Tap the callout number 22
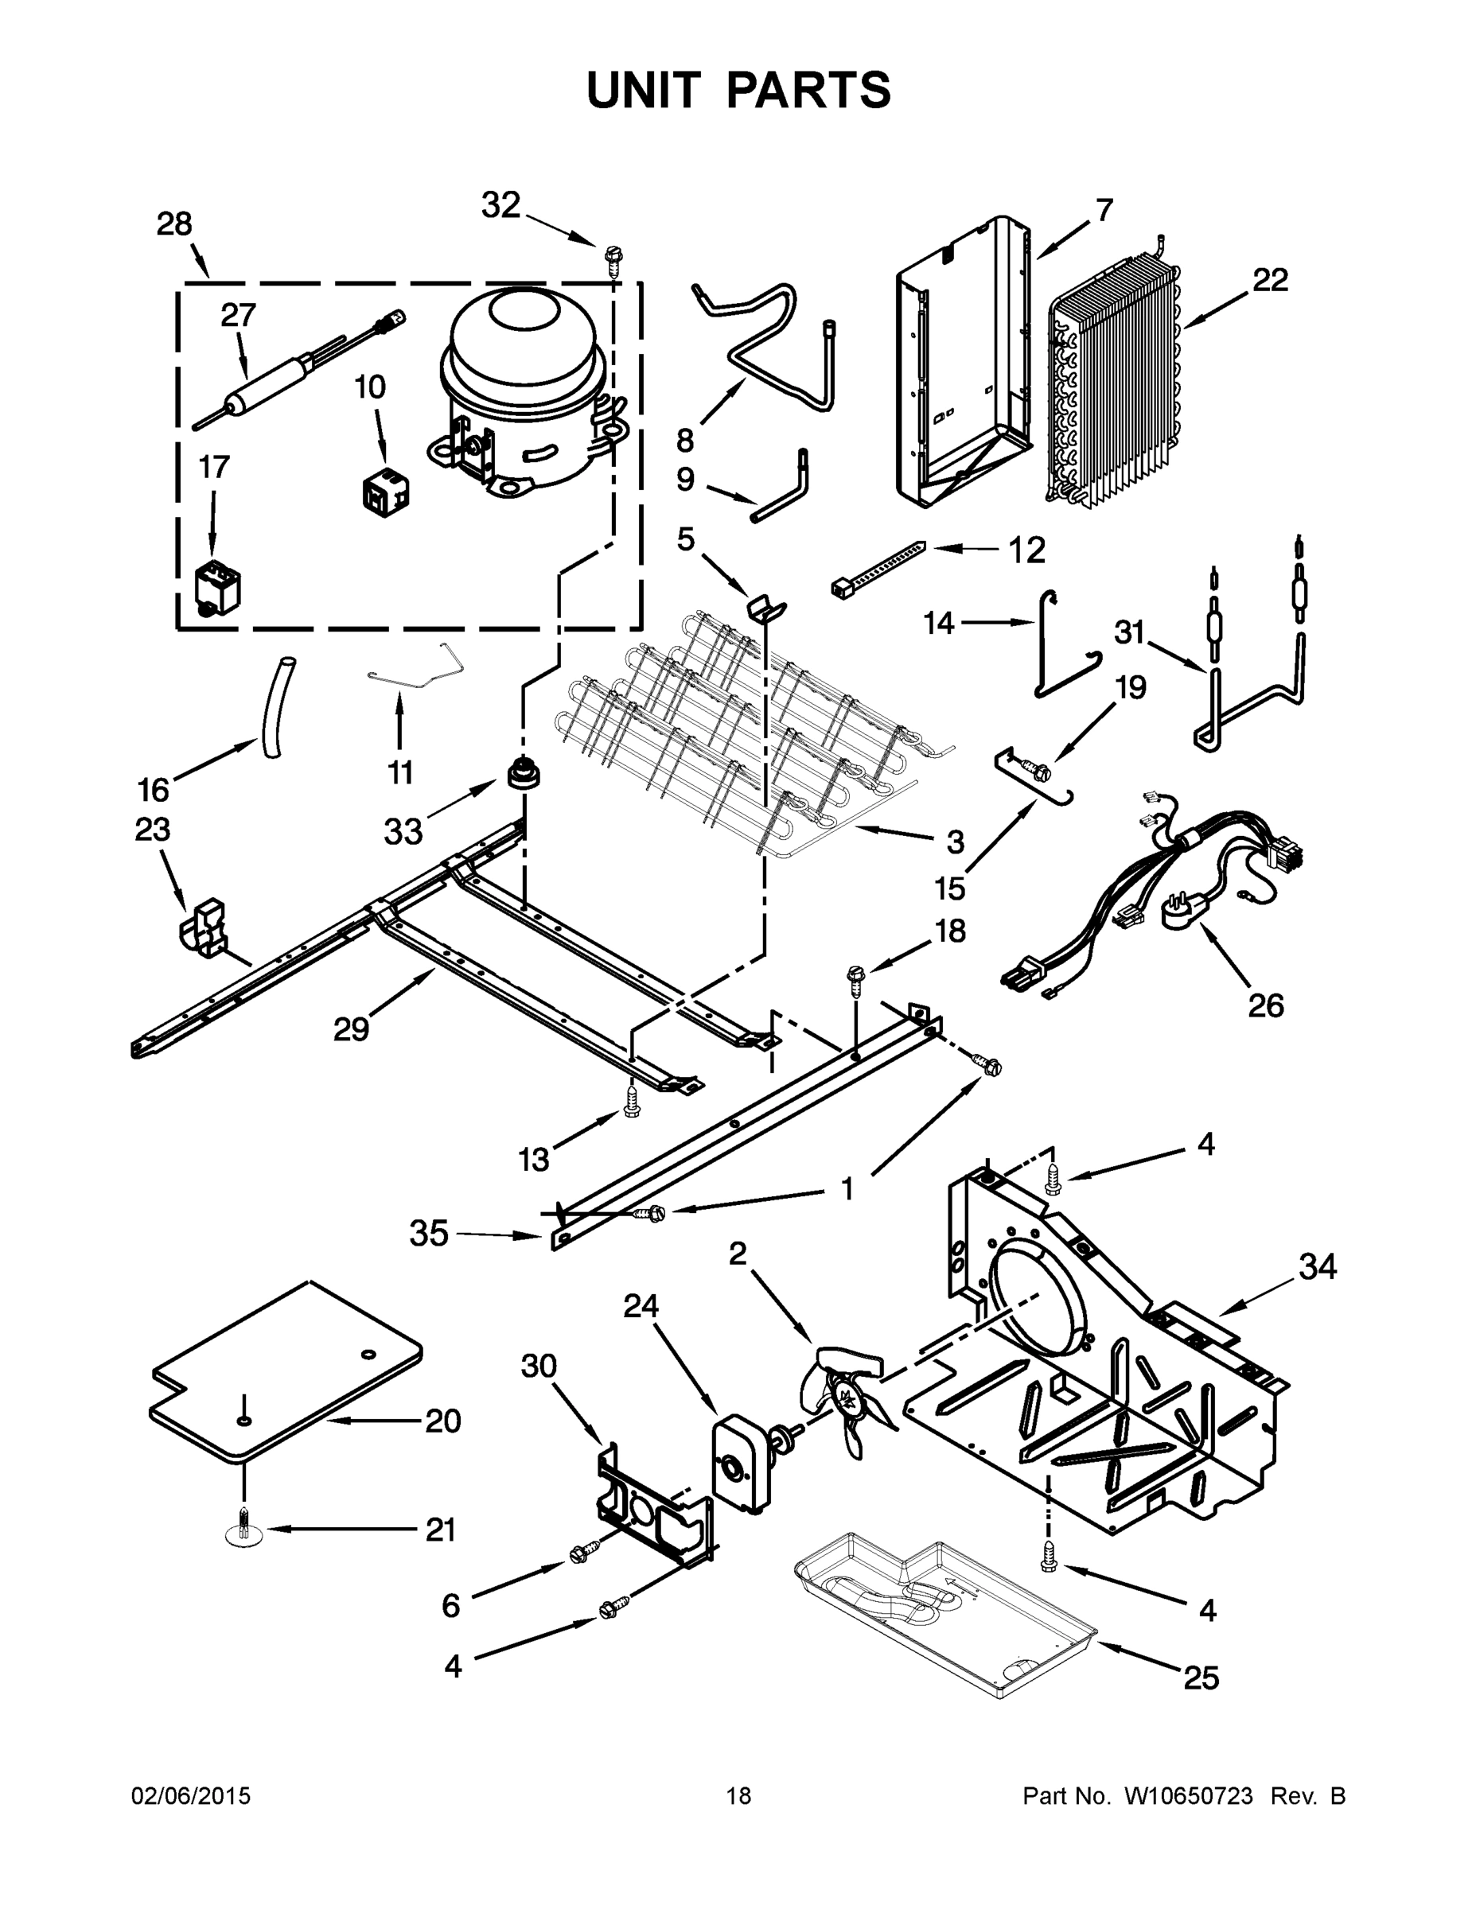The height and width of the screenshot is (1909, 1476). [x=1270, y=281]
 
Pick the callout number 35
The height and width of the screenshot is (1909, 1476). [x=428, y=1234]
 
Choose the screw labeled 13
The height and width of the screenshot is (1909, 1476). [x=631, y=1106]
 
